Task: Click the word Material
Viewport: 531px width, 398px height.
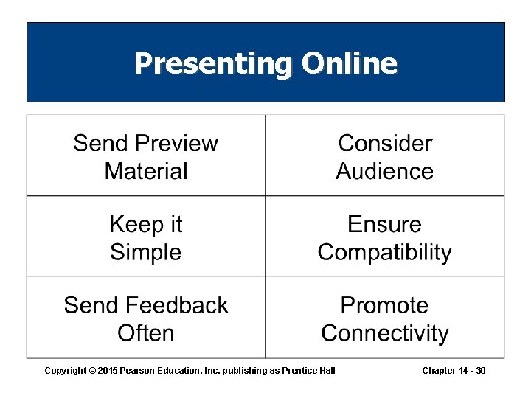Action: pos(146,171)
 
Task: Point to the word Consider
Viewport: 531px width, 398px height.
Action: pos(385,143)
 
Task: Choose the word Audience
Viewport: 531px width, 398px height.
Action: pos(385,171)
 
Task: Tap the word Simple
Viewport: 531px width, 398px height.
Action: pos(146,252)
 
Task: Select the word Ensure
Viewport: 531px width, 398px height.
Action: pos(385,224)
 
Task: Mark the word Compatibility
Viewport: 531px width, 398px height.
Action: pos(385,252)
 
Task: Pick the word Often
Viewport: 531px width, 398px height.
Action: pos(146,333)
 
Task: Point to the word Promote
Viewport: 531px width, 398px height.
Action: pos(385,305)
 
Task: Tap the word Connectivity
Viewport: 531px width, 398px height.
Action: pos(385,333)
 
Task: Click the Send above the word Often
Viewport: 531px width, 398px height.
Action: pos(89,305)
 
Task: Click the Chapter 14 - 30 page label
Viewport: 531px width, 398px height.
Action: pos(454,370)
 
